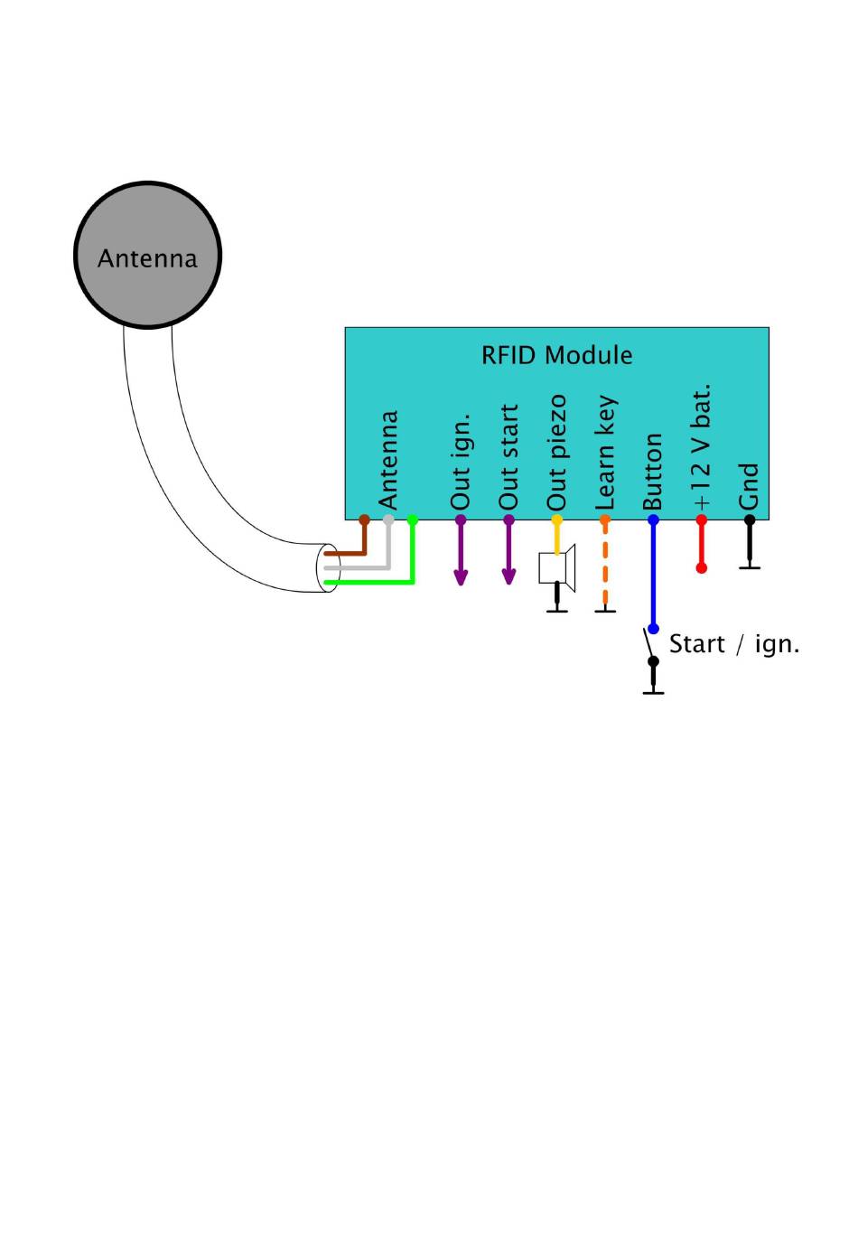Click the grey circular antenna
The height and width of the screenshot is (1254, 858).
148,255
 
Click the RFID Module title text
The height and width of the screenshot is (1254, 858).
556,355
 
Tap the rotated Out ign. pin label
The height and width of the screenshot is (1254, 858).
462,462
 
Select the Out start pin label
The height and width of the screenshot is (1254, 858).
508,457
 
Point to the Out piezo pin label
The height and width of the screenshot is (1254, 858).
557,453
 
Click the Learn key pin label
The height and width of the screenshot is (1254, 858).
606,453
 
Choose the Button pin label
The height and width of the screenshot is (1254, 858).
653,472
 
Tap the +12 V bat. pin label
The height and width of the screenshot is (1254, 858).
702,446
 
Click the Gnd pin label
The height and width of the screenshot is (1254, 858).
749,486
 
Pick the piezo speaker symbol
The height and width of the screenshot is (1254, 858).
557,567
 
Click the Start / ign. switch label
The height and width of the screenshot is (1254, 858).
734,644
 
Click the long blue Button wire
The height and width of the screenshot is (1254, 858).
653,575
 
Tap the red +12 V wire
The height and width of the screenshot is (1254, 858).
701,544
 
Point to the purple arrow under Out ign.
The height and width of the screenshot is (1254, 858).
461,550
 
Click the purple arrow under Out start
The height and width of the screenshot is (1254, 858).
508,550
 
